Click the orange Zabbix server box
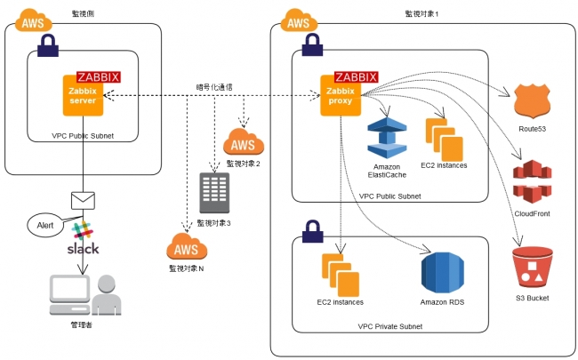pos(83,95)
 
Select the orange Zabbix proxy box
pos(341,95)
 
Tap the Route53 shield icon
pos(532,101)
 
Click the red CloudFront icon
pos(532,181)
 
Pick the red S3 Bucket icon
pos(533,268)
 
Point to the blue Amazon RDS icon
pos(442,273)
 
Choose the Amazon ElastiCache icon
pos(387,138)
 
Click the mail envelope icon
pos(83,201)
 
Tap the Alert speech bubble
pos(45,225)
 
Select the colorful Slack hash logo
pos(82,230)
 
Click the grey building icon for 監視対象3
pos(214,193)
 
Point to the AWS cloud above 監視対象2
pos(244,142)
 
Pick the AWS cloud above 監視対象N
pos(187,246)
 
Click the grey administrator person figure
pos(107,295)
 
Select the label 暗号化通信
pos(214,87)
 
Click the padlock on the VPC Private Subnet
pos(313,231)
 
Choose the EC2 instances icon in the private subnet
pos(341,275)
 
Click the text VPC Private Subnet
pos(390,326)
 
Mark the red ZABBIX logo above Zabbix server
pos(99,77)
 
